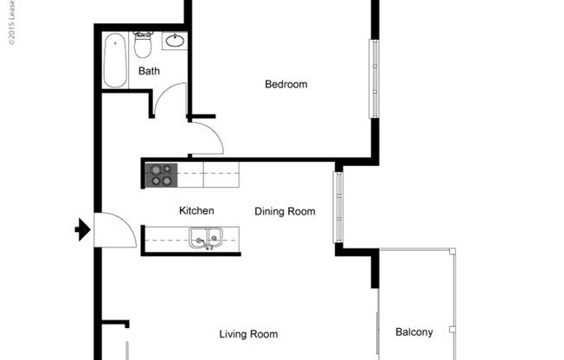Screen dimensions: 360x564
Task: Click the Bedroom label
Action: pyautogui.click(x=285, y=84)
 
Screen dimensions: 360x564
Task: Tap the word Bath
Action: pyautogui.click(x=149, y=71)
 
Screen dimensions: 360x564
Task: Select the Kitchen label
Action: pyautogui.click(x=196, y=210)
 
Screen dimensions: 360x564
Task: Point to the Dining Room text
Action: pyautogui.click(x=285, y=211)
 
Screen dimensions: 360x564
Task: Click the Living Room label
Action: pyautogui.click(x=248, y=334)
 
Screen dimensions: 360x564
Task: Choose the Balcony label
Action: pyautogui.click(x=413, y=331)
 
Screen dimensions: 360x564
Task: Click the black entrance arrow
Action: pyautogui.click(x=82, y=230)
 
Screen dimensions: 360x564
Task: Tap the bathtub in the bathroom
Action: pyautogui.click(x=116, y=61)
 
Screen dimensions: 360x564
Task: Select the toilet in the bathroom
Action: pyautogui.click(x=143, y=44)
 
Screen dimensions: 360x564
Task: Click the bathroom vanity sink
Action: pyautogui.click(x=175, y=41)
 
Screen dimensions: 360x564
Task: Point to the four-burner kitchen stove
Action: pyautogui.click(x=162, y=176)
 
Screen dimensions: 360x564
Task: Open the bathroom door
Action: pyautogui.click(x=171, y=99)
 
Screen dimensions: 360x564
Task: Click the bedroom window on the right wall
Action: pyautogui.click(x=374, y=78)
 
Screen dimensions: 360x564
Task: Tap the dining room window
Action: pyautogui.click(x=339, y=207)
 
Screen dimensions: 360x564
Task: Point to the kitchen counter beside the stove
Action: pyautogui.click(x=220, y=176)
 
